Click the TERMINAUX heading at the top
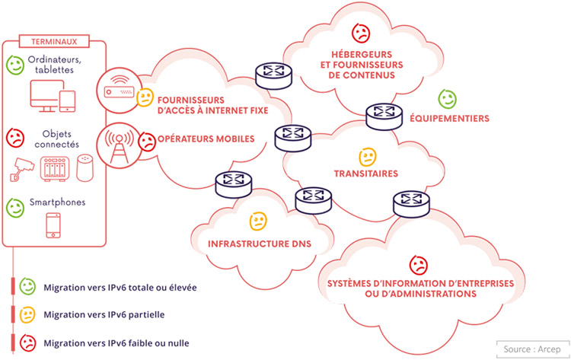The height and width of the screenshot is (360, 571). [56, 41]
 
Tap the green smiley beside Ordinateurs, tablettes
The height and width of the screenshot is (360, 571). [14, 63]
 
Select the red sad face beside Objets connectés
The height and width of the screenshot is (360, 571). [14, 138]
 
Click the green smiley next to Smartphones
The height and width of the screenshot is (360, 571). [14, 206]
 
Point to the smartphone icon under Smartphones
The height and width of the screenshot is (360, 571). [54, 226]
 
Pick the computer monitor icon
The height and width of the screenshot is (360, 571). [41, 96]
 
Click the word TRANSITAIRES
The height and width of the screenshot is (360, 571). [367, 174]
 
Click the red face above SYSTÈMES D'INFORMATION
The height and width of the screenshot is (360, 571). [418, 264]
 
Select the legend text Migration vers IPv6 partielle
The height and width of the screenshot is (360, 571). [104, 314]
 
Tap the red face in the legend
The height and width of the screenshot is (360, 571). [27, 342]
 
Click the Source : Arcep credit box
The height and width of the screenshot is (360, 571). [531, 349]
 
